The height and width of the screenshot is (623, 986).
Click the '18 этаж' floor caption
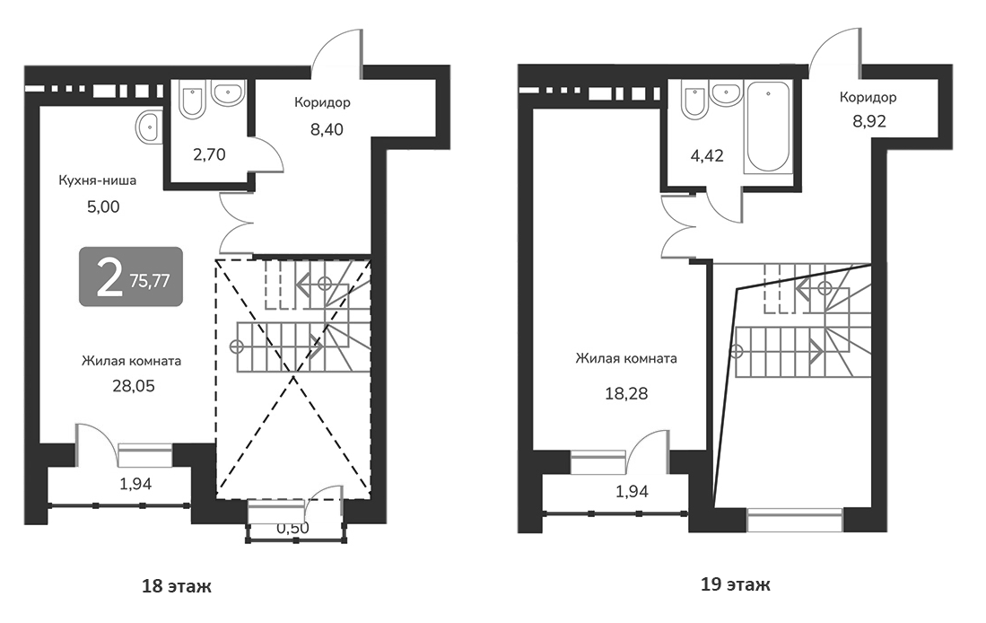(x=177, y=587)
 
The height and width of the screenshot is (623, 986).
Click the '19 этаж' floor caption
(x=736, y=585)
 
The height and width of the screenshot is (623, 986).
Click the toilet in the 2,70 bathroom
(x=191, y=101)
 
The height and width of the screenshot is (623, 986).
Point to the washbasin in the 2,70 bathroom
(x=230, y=92)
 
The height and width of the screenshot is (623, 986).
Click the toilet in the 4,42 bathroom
(x=694, y=101)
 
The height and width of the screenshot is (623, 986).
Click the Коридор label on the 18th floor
(x=322, y=102)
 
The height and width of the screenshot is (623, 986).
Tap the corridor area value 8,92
(x=868, y=121)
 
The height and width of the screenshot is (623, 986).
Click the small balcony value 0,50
(x=292, y=528)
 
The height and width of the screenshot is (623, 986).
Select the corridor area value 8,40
(x=327, y=128)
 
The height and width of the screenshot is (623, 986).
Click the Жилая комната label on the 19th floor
(x=626, y=358)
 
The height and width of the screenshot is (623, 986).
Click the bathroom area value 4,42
(x=705, y=154)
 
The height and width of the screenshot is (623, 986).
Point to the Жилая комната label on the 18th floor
(x=132, y=361)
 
